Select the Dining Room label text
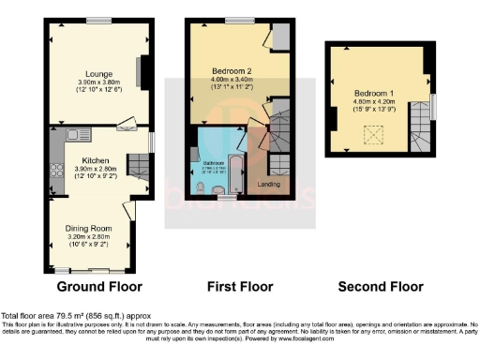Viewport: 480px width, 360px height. coord(89,228)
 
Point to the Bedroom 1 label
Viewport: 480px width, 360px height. coord(373,94)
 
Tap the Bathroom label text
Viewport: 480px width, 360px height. coord(212,162)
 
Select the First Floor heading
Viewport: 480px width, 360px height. coord(240,286)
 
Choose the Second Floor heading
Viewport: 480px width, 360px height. coord(377,286)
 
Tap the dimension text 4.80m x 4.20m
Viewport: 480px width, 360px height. coord(373,104)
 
